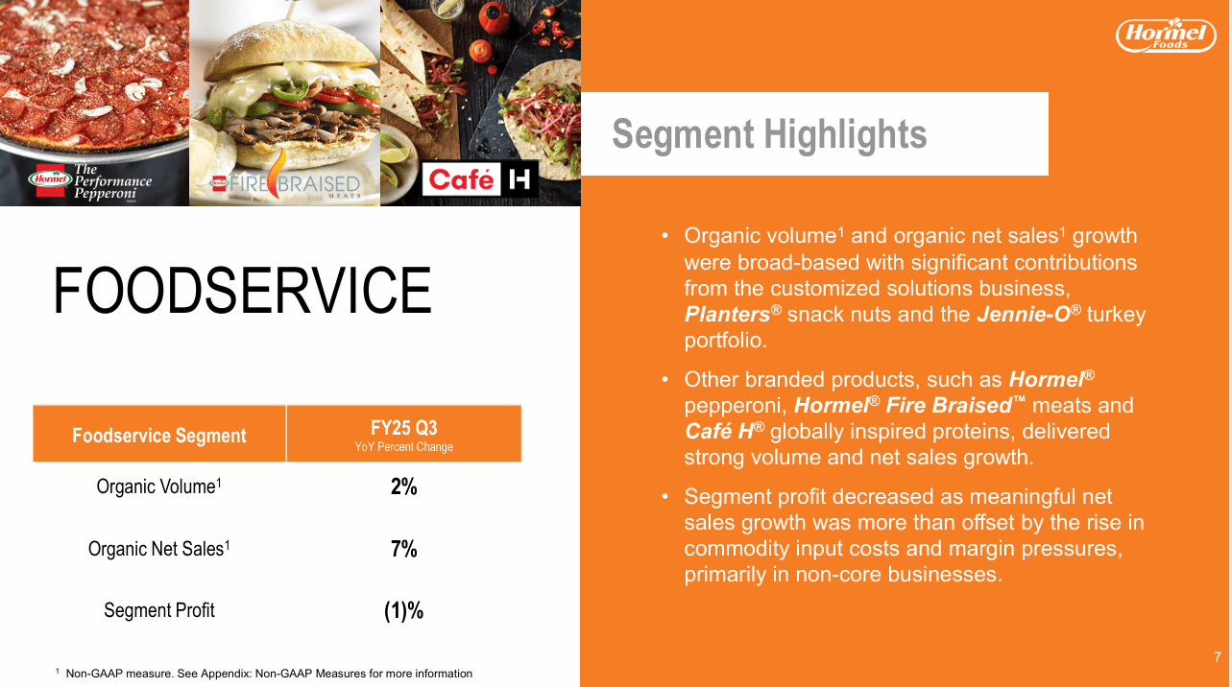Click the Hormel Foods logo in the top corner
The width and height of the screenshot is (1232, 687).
(x=1165, y=36)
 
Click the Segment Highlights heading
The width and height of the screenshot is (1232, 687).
(x=769, y=134)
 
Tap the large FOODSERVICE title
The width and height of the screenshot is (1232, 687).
(x=242, y=291)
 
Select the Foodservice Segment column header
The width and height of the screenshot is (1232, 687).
(x=159, y=436)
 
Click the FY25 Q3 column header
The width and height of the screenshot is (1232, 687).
(x=403, y=435)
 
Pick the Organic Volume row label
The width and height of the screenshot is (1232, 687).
(x=159, y=486)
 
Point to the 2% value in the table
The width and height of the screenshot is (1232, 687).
(x=403, y=486)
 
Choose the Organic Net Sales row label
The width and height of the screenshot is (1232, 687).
(x=159, y=549)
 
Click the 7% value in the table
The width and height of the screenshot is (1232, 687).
(x=403, y=549)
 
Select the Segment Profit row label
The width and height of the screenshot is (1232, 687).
(x=159, y=610)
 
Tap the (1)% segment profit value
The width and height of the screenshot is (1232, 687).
(x=403, y=610)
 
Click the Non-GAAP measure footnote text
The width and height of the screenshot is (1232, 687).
(x=268, y=674)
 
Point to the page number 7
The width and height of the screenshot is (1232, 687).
(x=1217, y=657)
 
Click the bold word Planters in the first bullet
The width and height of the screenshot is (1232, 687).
(x=727, y=315)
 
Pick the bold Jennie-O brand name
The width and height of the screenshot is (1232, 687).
(x=1022, y=315)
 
